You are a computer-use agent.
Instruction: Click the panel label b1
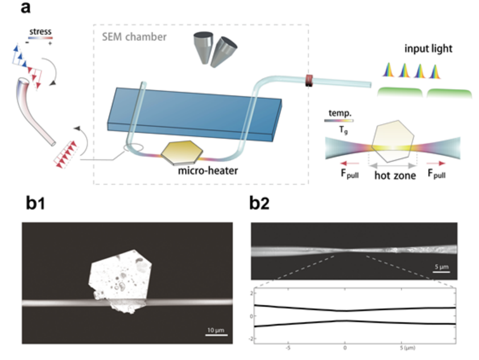35,202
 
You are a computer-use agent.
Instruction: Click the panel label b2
259,202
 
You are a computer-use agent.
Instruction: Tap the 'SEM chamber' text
134,37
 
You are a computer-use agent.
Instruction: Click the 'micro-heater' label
208,171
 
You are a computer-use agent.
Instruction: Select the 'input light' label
428,48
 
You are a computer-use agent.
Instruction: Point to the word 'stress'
40,31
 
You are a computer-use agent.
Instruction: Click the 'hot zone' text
395,175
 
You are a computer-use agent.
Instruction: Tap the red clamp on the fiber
309,80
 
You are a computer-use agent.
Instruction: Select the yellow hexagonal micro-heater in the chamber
182,152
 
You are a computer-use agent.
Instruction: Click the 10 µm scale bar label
216,330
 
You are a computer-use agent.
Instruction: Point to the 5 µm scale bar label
441,267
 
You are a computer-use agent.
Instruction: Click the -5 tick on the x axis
288,348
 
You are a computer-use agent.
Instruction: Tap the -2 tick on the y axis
251,339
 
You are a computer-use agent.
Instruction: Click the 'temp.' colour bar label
340,113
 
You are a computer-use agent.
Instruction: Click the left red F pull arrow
350,164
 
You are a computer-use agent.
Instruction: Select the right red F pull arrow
436,164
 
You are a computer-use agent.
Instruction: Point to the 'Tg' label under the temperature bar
344,130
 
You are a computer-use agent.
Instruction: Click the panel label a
26,7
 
